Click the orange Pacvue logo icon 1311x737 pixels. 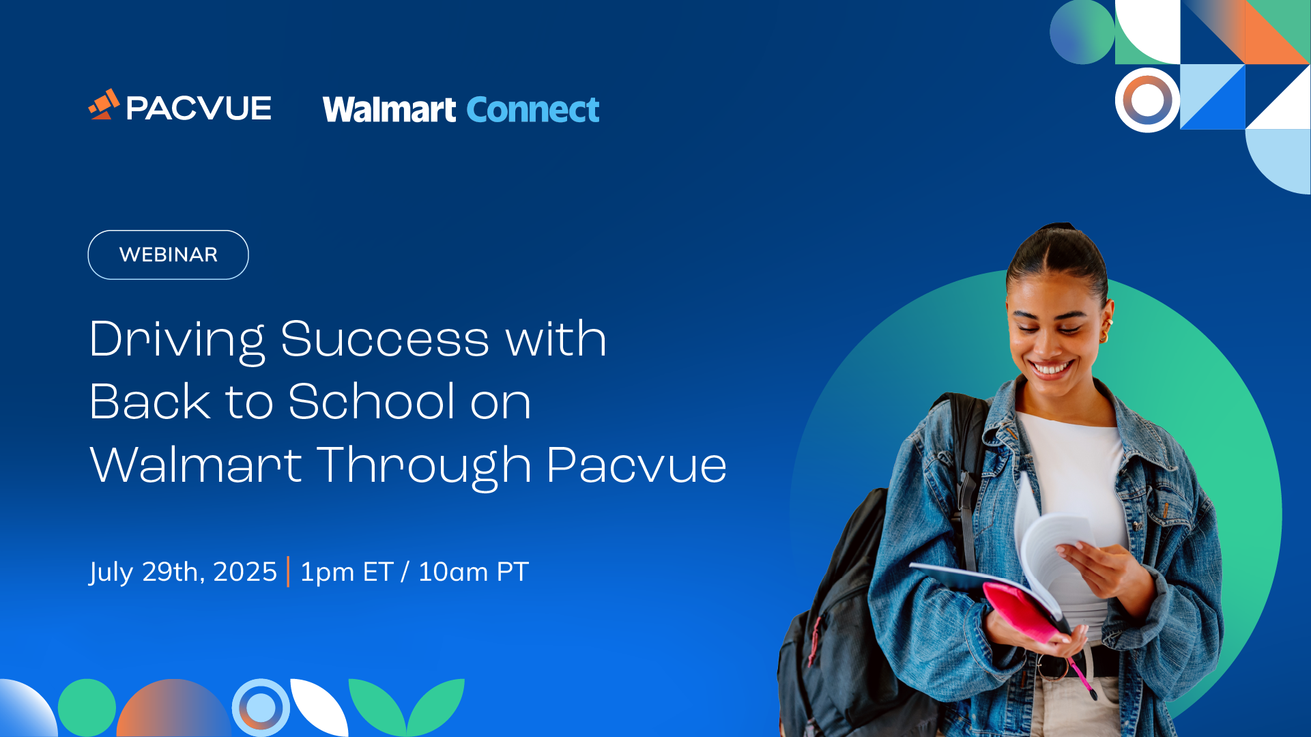point(104,104)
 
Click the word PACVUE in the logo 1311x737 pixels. point(199,109)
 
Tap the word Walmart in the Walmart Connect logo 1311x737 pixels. point(389,110)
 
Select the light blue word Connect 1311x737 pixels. point(533,110)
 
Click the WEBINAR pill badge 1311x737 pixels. point(168,255)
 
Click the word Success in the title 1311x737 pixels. point(385,339)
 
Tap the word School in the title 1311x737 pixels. point(371,401)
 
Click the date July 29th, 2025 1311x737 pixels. point(183,572)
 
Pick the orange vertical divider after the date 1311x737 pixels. point(288,572)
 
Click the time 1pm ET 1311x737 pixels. point(347,572)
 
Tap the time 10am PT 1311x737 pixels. point(474,572)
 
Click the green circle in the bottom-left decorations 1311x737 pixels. point(87,708)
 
